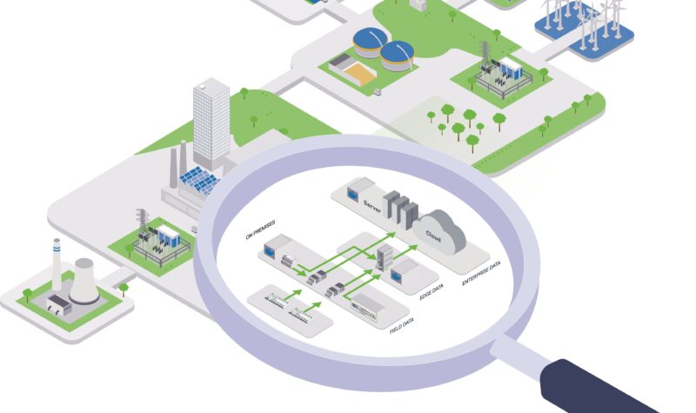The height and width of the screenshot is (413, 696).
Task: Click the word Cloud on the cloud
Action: coord(432,235)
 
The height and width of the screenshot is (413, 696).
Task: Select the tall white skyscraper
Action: coord(211,122)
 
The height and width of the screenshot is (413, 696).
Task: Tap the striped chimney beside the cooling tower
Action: coord(57,265)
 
